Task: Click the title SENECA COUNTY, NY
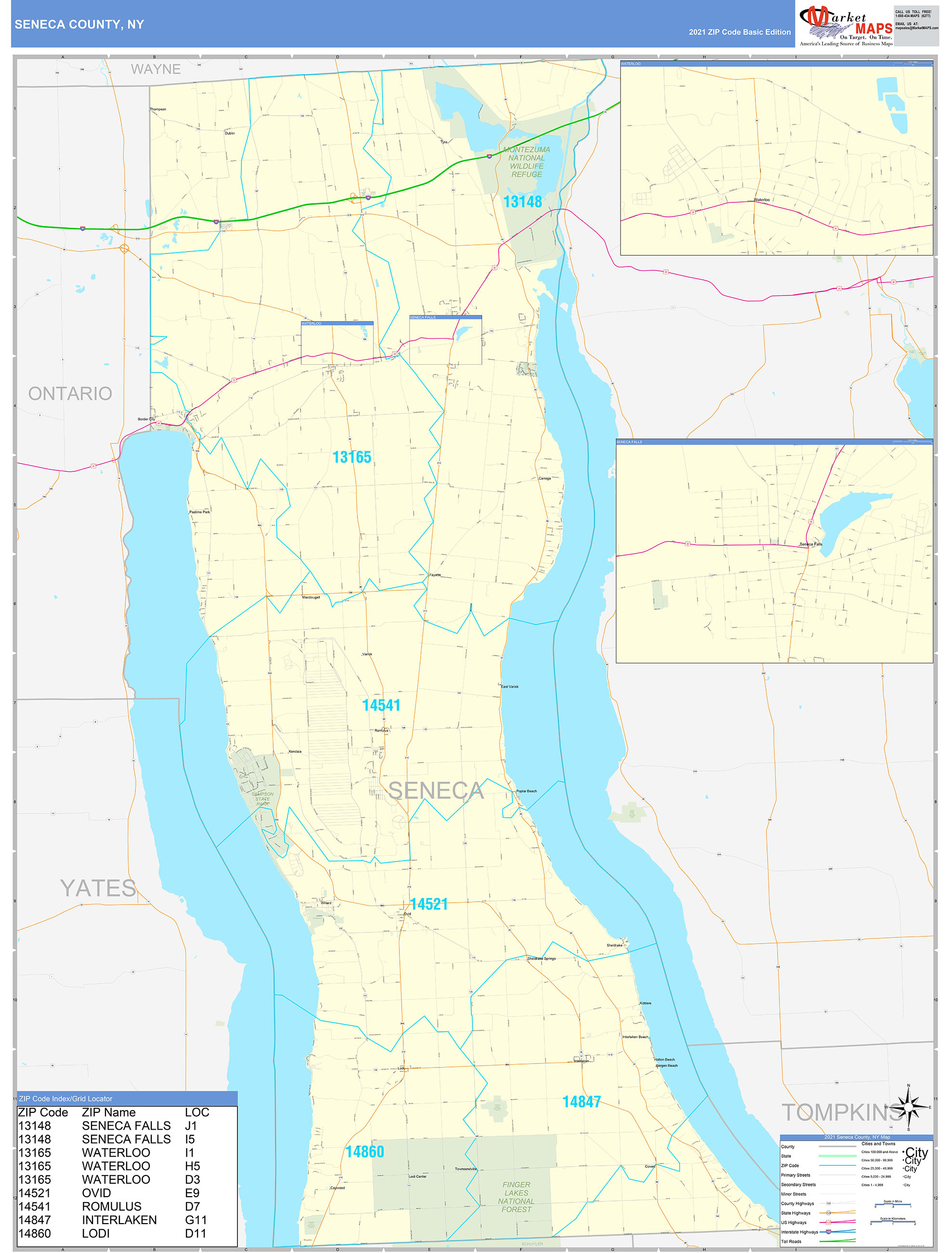[79, 25]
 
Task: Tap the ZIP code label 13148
[522, 201]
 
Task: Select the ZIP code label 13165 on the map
[352, 457]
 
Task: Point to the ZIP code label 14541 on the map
[381, 705]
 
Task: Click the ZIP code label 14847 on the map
[581, 1102]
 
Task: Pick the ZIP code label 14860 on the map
[365, 1152]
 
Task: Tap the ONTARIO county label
[70, 393]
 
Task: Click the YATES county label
[98, 888]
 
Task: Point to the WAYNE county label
[156, 69]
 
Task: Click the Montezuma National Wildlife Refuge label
[527, 162]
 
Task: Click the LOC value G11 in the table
[196, 1220]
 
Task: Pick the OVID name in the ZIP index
[96, 1193]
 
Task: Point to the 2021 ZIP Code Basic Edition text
[739, 32]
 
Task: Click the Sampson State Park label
[262, 799]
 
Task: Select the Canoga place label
[544, 478]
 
